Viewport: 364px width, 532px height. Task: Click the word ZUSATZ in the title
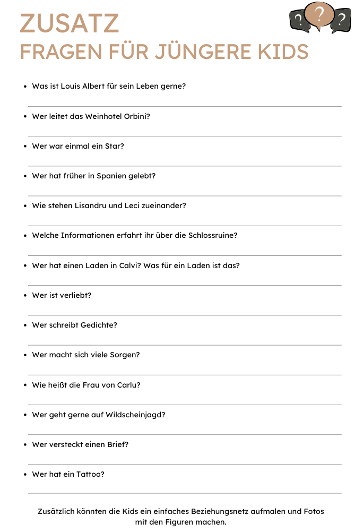70,24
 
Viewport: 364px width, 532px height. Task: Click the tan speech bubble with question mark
318,16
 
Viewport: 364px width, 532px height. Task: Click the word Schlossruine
212,235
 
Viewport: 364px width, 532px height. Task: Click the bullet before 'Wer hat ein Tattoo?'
25,475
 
